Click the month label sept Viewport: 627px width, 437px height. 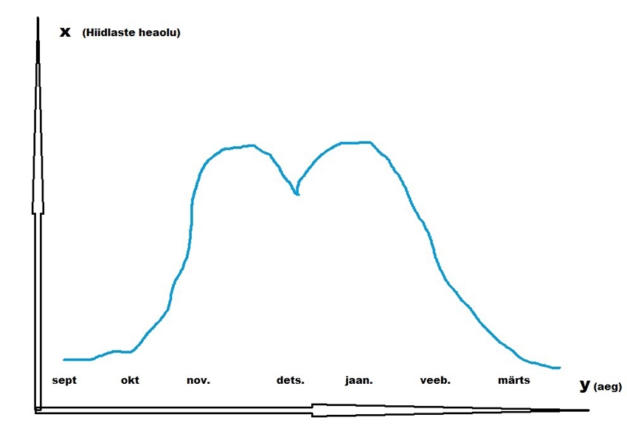click(x=64, y=381)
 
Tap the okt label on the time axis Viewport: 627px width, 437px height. click(x=130, y=381)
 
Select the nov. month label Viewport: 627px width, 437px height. click(x=198, y=381)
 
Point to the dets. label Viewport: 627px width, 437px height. click(x=290, y=381)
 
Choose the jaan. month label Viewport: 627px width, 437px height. click(x=359, y=381)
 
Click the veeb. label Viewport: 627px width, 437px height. click(x=435, y=381)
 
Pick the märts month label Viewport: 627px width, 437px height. click(x=514, y=381)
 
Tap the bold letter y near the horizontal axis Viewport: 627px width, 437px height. click(x=584, y=385)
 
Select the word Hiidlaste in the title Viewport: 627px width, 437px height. click(x=111, y=32)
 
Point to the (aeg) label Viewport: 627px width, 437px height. click(x=608, y=386)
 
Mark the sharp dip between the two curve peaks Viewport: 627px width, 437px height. click(x=297, y=193)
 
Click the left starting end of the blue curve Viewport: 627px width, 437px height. click(x=64, y=359)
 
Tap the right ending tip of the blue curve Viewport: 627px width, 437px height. click(x=560, y=367)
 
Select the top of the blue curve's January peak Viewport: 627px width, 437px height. click(x=354, y=142)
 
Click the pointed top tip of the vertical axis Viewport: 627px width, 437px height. click(x=38, y=18)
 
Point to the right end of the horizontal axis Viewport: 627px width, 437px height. click(x=588, y=410)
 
